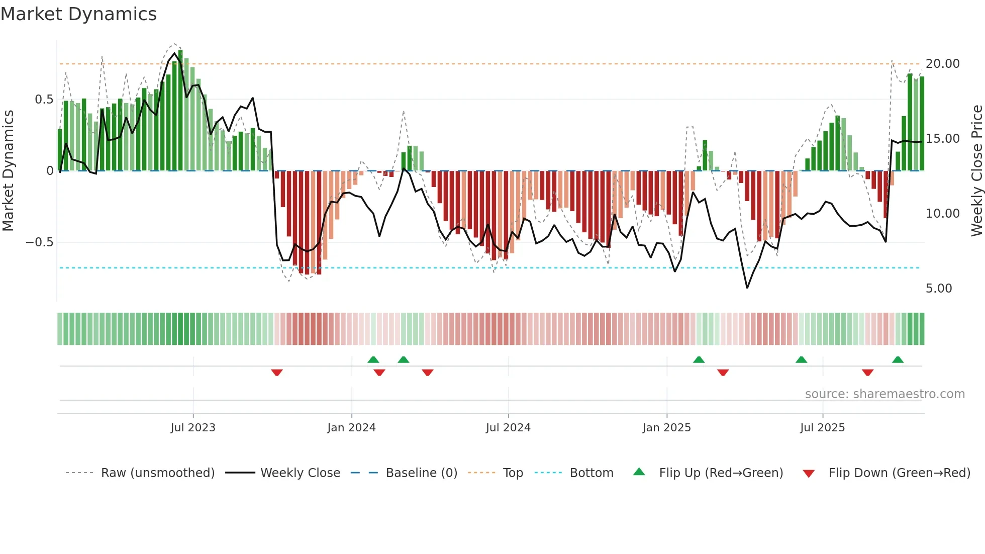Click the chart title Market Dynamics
pos(79,14)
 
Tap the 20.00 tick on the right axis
pos(942,64)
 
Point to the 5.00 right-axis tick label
pos(938,289)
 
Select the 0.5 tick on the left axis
pos(44,100)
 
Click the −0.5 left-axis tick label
pos(39,242)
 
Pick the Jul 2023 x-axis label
pos(192,428)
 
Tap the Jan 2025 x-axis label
pos(666,428)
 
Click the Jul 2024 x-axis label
pos(508,428)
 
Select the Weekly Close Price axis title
pos(976,171)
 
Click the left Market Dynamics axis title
pos(8,171)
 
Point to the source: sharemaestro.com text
pos(884,394)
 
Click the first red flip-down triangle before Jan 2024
pos(277,372)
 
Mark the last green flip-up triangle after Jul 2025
pos(898,359)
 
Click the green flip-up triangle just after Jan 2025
pos(699,359)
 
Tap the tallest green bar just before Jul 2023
pos(180,111)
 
